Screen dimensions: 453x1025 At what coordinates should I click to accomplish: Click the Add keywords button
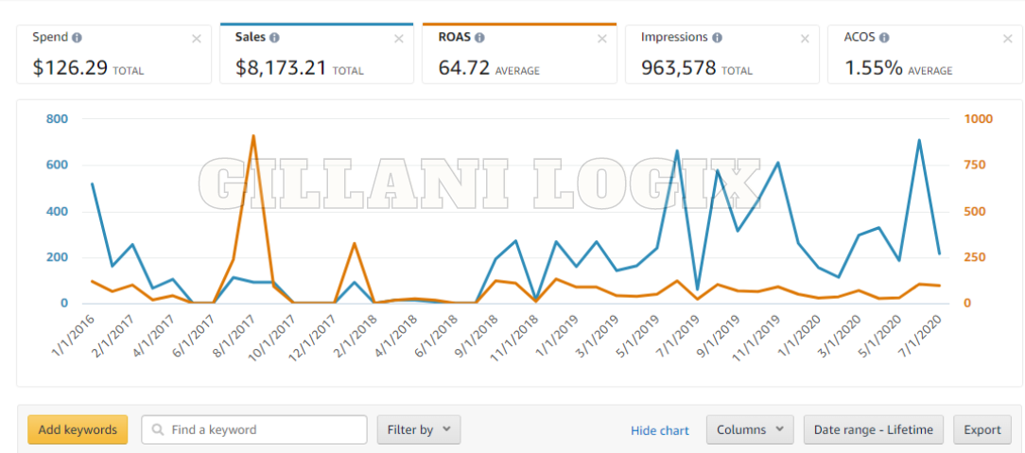pos(78,429)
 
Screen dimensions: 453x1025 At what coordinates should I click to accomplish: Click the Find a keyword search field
pos(254,429)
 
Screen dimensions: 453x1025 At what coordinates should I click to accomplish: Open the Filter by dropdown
pos(419,429)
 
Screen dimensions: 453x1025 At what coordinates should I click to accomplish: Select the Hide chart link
pos(660,430)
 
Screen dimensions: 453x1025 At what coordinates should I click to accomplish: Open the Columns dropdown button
pos(750,429)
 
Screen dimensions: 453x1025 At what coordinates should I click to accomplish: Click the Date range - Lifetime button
pos(874,429)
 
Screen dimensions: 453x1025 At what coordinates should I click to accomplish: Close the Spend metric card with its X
pos(197,39)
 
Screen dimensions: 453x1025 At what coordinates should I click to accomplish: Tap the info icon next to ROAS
pos(479,38)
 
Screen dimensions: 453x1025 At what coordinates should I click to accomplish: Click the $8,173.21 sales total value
pos(281,68)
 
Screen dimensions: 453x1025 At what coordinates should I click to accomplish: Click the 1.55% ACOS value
pos(873,68)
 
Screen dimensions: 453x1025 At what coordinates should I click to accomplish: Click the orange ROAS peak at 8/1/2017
pos(253,136)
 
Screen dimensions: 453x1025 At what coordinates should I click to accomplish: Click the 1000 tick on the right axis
pos(979,119)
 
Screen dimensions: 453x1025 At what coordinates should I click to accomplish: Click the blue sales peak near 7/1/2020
pos(918,141)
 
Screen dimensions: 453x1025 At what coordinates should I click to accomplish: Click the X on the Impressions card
pos(805,39)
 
